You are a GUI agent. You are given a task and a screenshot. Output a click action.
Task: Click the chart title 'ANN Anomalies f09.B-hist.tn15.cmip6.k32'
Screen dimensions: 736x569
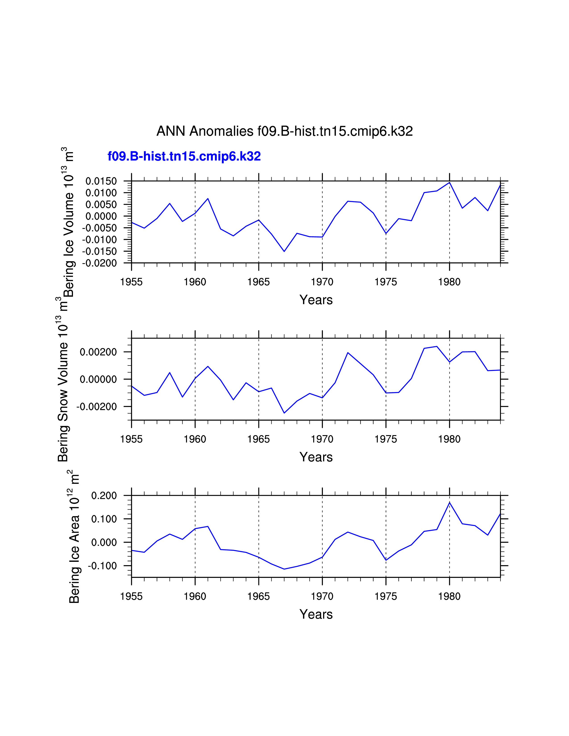(x=284, y=131)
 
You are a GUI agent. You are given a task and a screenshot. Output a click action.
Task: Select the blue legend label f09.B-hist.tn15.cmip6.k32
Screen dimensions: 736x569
(x=184, y=156)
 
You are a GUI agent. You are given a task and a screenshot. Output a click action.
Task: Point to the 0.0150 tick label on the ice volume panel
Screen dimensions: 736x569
(x=101, y=181)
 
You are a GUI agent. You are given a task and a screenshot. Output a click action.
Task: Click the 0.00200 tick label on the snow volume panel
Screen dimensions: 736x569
(x=98, y=352)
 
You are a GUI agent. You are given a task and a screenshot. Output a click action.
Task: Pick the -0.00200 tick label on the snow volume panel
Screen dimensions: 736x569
(x=97, y=407)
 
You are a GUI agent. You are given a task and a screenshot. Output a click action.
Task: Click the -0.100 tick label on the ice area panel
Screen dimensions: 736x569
(x=102, y=566)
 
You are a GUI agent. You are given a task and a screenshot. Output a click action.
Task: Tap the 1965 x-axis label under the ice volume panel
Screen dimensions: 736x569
(x=259, y=282)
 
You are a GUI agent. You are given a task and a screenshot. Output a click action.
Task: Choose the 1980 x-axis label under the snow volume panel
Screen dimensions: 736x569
(x=449, y=439)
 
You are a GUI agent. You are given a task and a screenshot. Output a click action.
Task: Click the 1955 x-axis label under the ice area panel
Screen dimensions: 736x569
(x=131, y=596)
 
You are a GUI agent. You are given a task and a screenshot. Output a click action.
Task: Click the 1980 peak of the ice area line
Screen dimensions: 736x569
(x=449, y=502)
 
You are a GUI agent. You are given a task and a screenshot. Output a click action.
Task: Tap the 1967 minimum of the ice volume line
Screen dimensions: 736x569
(x=284, y=251)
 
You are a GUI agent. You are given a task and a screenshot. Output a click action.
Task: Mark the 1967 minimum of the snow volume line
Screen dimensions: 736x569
(x=284, y=413)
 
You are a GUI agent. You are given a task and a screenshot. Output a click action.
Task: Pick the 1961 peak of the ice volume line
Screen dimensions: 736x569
(x=208, y=198)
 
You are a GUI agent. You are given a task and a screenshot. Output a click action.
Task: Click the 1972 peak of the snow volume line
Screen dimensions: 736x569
(x=348, y=353)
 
